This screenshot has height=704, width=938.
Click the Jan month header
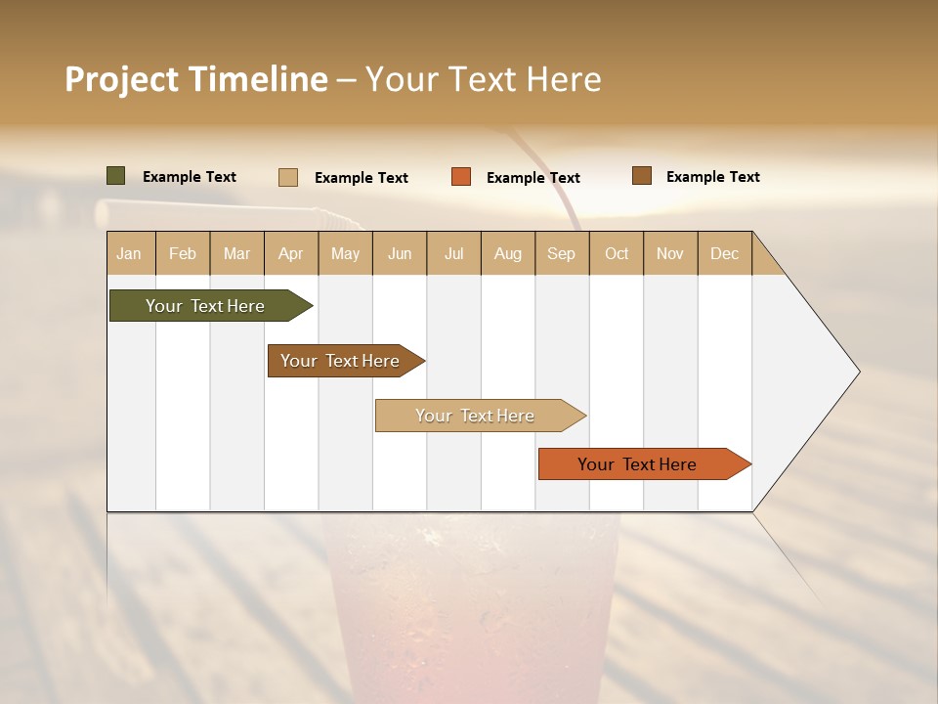130,254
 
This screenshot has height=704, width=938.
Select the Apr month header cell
291,254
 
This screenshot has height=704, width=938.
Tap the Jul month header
453,254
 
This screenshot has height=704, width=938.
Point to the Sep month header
562,254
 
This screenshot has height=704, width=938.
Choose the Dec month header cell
724,254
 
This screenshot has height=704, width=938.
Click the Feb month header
183,254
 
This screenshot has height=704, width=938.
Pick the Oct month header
617,254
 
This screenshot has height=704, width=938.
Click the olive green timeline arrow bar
205,306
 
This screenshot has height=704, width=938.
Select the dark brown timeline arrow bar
341,361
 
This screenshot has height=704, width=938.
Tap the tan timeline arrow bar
476,416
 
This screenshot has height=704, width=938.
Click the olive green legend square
116,176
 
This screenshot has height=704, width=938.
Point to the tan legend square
288,177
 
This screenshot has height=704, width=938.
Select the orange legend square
461,177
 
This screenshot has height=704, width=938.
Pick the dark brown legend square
642,176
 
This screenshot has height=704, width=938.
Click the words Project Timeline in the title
196,79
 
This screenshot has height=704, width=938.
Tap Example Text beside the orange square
533,178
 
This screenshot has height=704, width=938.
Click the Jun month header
400,254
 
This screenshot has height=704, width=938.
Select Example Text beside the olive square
190,177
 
